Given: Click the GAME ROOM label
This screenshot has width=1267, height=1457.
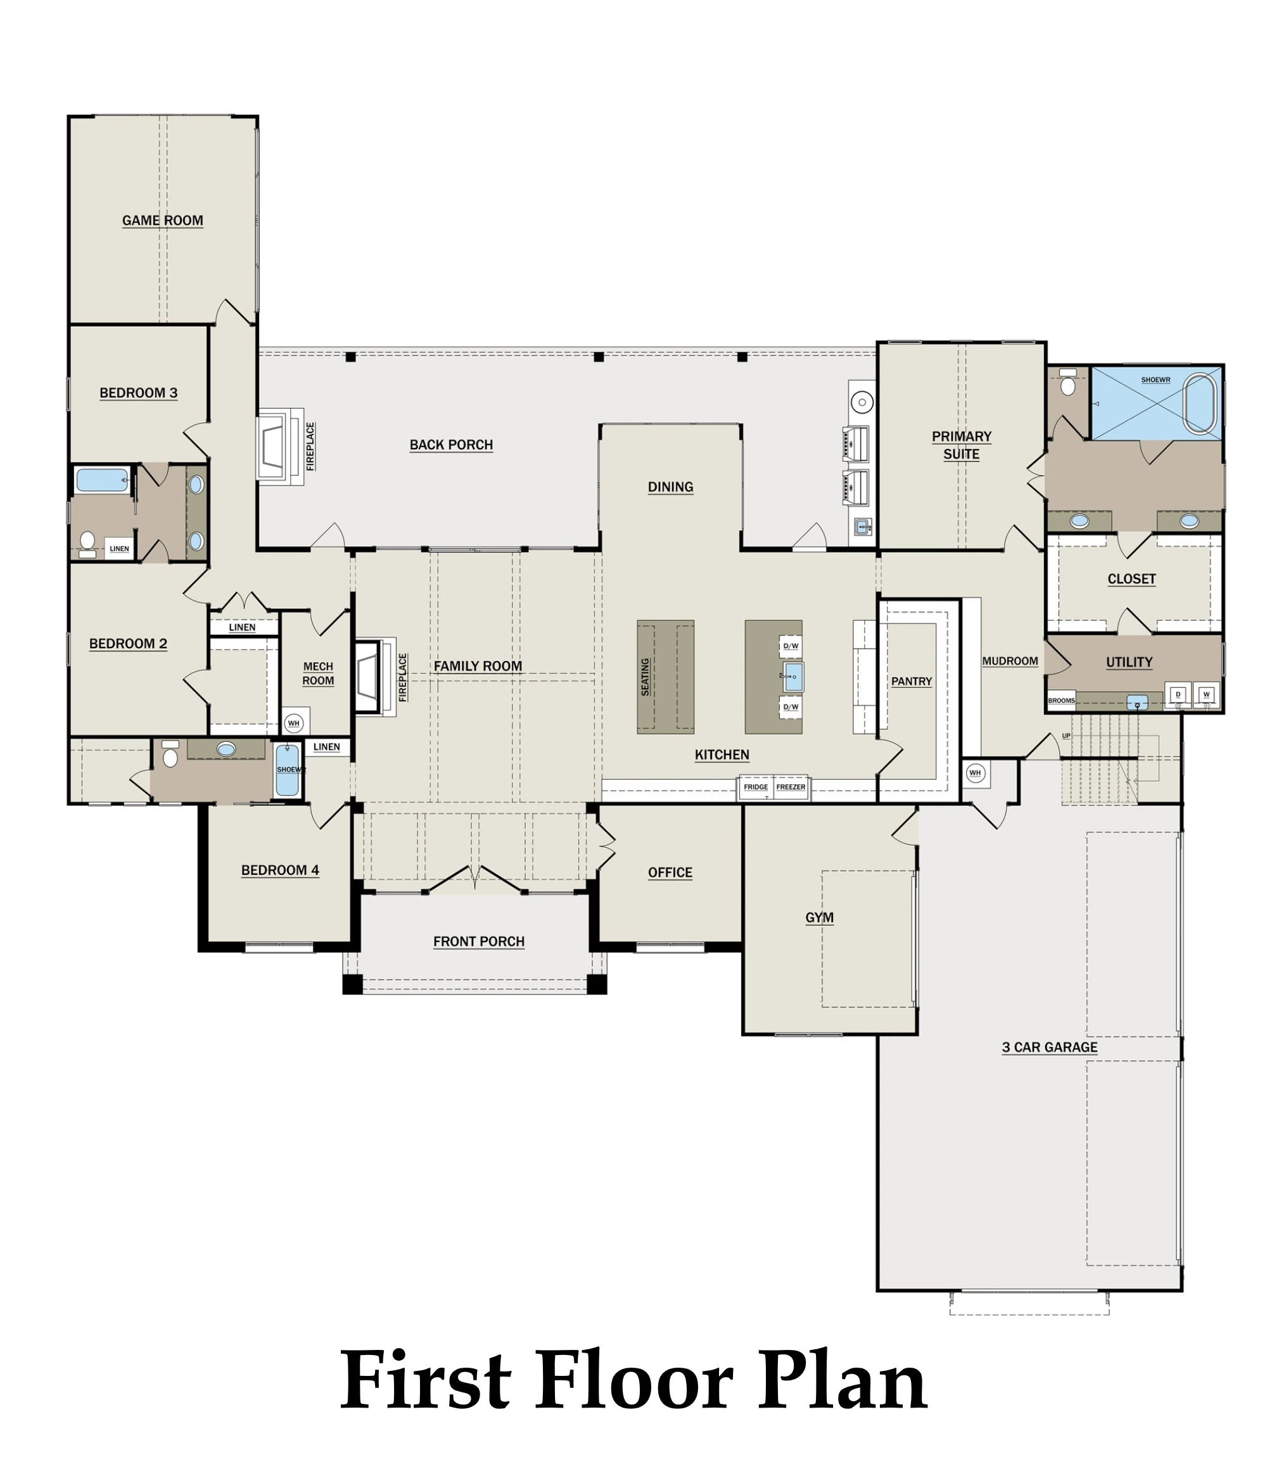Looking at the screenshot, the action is (163, 220).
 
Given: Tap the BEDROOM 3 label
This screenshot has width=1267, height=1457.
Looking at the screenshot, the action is (139, 393).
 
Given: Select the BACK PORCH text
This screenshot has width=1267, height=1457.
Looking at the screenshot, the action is (451, 445).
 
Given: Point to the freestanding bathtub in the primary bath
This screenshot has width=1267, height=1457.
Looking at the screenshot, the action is (1201, 404).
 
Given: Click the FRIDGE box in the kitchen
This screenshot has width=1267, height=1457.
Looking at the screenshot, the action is (756, 787).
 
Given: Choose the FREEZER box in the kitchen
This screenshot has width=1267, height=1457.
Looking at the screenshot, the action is (791, 787).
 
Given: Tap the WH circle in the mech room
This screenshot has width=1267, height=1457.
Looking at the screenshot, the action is (293, 723).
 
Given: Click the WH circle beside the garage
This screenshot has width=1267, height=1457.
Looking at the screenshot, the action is (975, 773).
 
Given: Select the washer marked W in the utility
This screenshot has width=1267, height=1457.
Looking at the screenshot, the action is (1206, 695).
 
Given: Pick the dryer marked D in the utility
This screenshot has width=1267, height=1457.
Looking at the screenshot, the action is (1178, 695).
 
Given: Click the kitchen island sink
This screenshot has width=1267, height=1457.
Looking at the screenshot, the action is (793, 677).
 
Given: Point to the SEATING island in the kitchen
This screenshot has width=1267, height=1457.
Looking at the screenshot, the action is (665, 677).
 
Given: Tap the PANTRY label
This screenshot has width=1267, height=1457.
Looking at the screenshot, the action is (912, 682).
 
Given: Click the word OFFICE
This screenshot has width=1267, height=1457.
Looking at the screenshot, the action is (670, 873).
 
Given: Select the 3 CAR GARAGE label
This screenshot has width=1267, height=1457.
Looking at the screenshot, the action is (1049, 1048).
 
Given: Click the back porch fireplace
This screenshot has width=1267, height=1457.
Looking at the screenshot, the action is (279, 446).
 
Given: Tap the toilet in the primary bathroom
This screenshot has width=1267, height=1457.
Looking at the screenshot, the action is (1067, 384).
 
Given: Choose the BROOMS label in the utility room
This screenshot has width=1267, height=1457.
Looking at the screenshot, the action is (1061, 701).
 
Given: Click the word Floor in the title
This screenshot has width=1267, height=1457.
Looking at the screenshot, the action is (635, 1380).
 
